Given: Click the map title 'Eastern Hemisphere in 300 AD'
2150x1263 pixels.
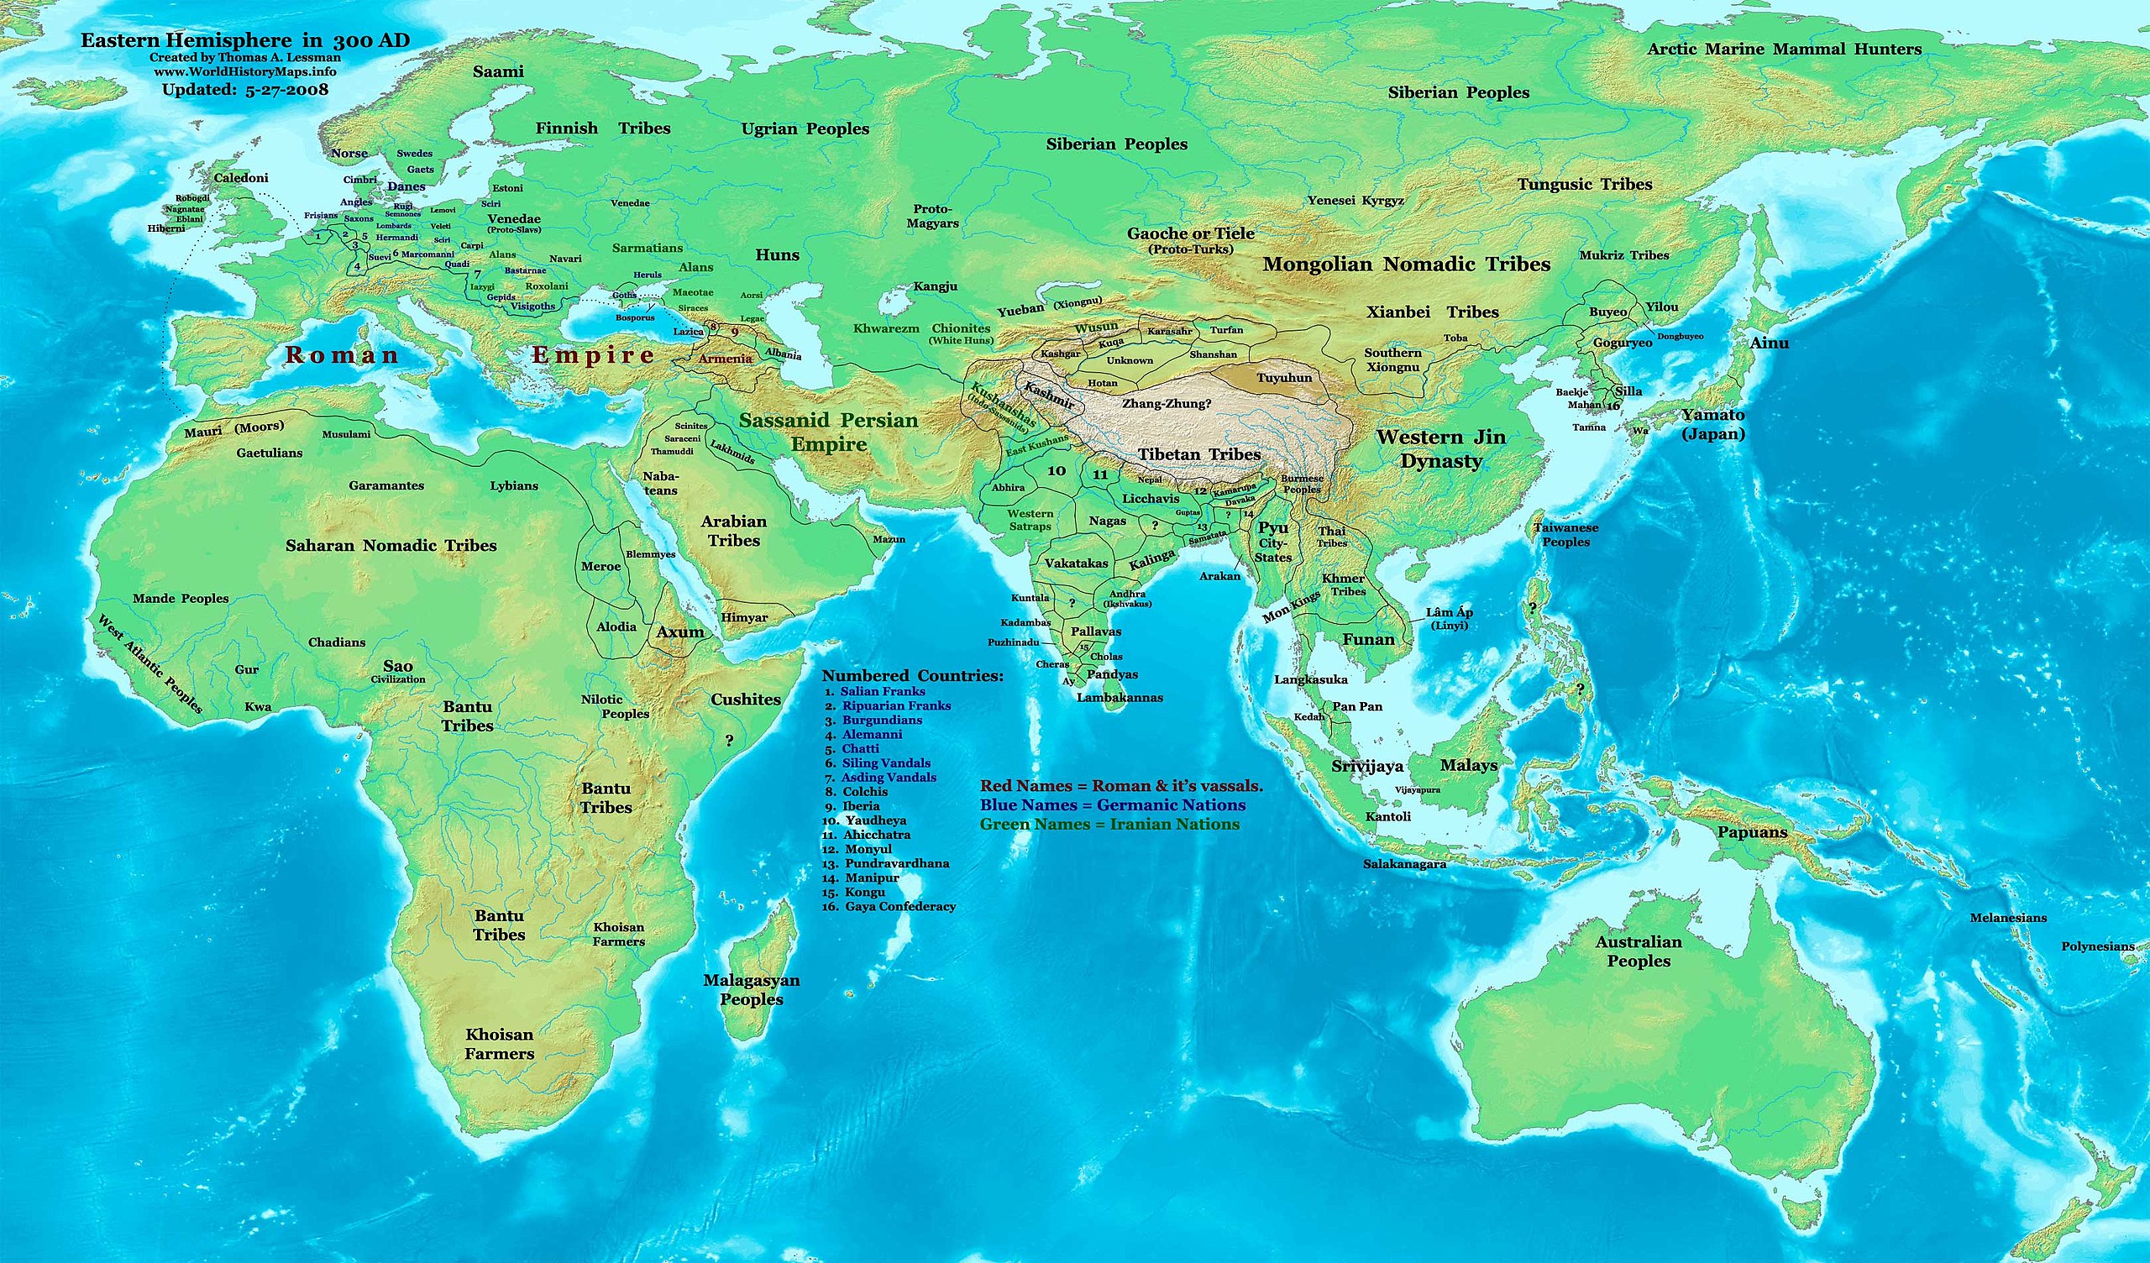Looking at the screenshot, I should (x=245, y=40).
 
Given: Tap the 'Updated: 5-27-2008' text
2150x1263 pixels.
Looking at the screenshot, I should (x=245, y=89).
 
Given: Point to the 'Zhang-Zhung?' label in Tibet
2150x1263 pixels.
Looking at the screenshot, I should (x=1167, y=404).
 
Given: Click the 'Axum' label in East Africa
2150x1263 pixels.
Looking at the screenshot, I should (x=680, y=632).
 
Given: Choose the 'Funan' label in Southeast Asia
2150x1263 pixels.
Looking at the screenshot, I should (x=1368, y=639).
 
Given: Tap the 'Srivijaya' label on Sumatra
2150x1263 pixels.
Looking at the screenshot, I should (x=1366, y=767).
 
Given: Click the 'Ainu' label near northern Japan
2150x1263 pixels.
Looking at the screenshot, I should (x=1769, y=343).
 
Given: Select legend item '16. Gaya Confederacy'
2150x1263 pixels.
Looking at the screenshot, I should (x=889, y=906).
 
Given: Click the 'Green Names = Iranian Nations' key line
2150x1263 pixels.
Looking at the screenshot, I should (x=1109, y=825).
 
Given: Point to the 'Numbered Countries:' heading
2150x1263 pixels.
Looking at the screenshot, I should (x=912, y=676).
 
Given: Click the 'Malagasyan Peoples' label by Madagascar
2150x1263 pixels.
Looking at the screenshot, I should (x=751, y=990).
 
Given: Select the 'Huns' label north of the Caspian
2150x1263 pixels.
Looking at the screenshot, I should (x=776, y=255).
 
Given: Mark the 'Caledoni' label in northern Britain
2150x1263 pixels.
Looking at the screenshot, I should (x=240, y=177).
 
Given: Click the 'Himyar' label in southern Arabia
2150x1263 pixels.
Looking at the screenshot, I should (x=744, y=617).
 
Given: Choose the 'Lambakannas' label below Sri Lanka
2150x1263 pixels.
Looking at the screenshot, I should (x=1120, y=697).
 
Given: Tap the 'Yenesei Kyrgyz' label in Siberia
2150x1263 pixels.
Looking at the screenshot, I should (x=1356, y=201).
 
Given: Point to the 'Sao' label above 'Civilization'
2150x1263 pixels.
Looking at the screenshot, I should (x=397, y=667).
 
